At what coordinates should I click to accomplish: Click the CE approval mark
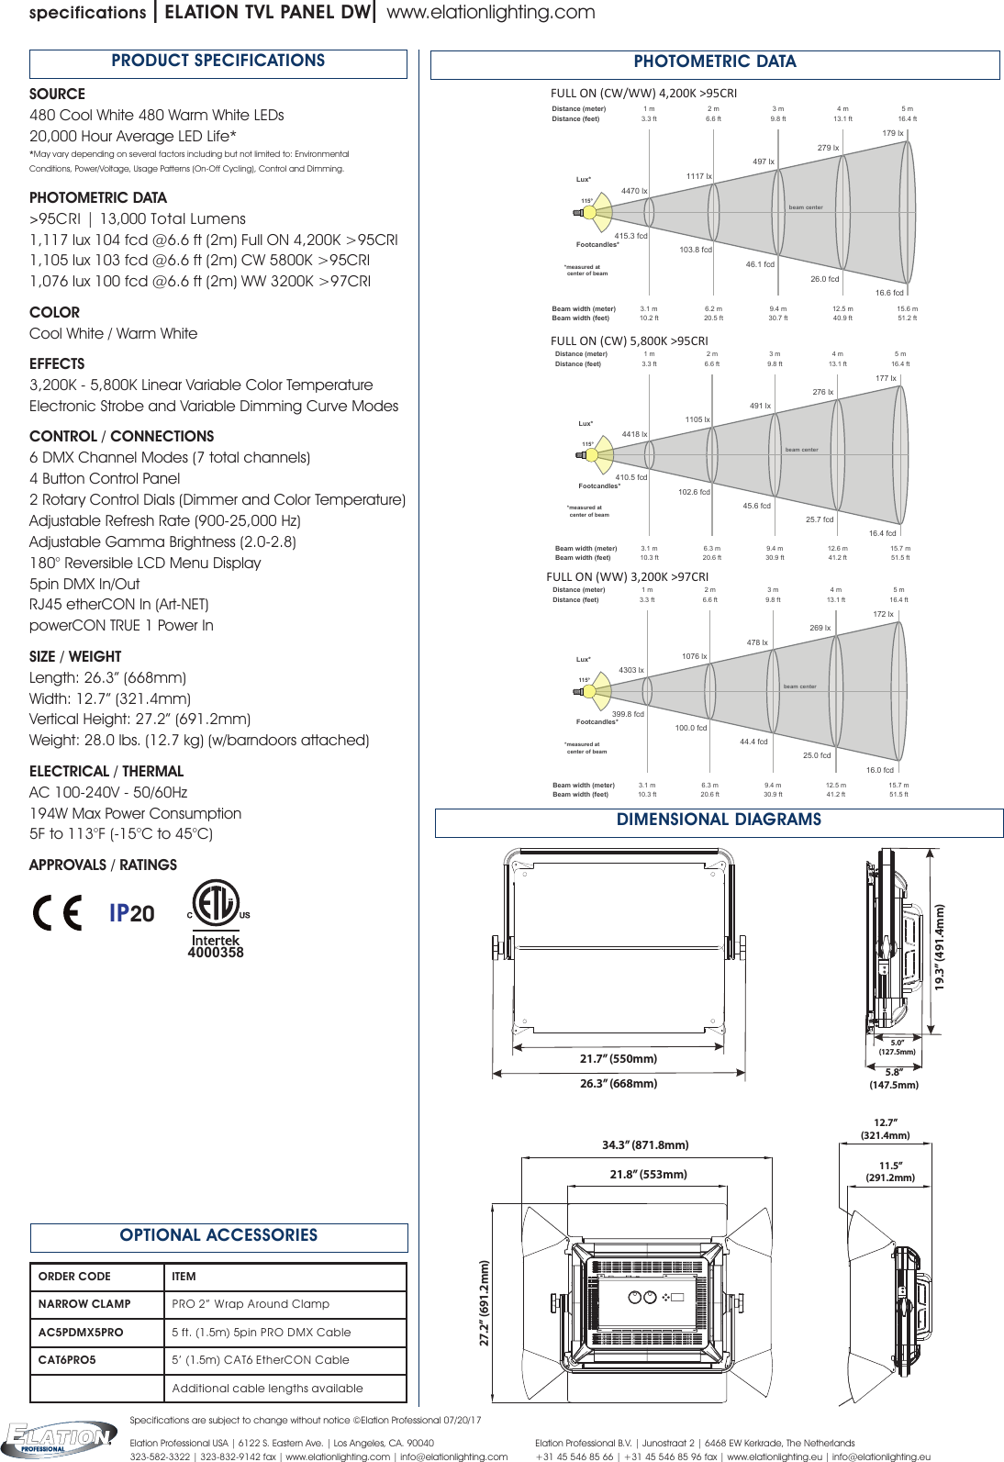57,912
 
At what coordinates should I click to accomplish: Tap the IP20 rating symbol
132,913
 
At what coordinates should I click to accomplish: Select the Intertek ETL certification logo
217,919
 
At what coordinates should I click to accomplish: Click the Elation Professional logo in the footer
60,1437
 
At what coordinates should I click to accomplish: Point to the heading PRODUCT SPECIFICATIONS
218,61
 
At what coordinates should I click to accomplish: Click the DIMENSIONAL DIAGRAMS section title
719,820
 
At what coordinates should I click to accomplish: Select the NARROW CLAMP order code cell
84,1304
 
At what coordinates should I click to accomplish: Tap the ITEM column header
184,1277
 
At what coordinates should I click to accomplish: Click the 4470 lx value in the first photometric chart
634,192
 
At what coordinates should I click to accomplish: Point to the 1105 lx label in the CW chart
697,420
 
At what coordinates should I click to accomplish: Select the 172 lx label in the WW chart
883,615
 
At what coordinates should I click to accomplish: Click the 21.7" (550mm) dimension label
619,1059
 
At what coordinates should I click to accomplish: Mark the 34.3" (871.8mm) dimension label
645,1145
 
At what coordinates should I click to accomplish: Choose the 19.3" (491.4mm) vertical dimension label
940,947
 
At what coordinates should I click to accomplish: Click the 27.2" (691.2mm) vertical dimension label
485,1303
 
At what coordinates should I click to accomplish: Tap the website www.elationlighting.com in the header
491,13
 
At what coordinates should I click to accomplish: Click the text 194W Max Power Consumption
136,814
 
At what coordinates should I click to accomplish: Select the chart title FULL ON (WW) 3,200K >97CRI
628,577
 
